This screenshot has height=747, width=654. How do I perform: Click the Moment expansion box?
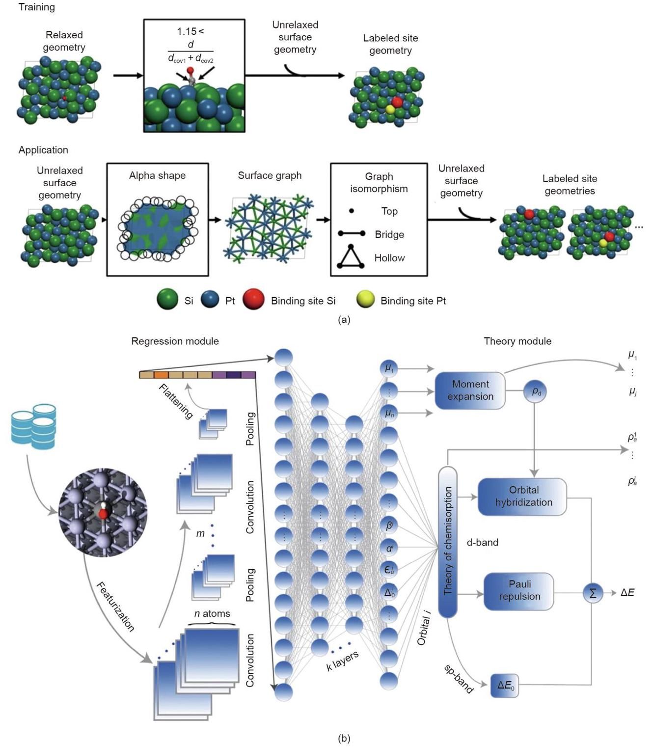point(470,390)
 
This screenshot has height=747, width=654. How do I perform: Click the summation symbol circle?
point(593,593)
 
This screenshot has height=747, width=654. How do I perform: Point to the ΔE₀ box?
point(505,685)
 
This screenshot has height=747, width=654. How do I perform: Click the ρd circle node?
point(536,392)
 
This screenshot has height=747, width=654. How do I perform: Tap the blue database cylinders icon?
point(33,426)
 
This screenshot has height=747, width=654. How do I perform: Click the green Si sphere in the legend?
point(167,300)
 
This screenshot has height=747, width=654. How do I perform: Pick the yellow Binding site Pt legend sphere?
point(365,300)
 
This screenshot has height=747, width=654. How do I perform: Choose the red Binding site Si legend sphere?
point(253,300)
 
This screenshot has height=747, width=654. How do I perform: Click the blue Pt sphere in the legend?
point(210,300)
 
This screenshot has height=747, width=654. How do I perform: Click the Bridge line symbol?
point(352,234)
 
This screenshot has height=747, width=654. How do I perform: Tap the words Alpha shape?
point(157,175)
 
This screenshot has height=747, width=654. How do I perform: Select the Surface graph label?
point(270,175)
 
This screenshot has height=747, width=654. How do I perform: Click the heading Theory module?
point(517,341)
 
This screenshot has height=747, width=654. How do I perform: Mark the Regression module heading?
point(175,341)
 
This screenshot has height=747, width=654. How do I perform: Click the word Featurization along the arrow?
point(115,607)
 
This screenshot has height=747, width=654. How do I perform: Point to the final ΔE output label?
point(627,593)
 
